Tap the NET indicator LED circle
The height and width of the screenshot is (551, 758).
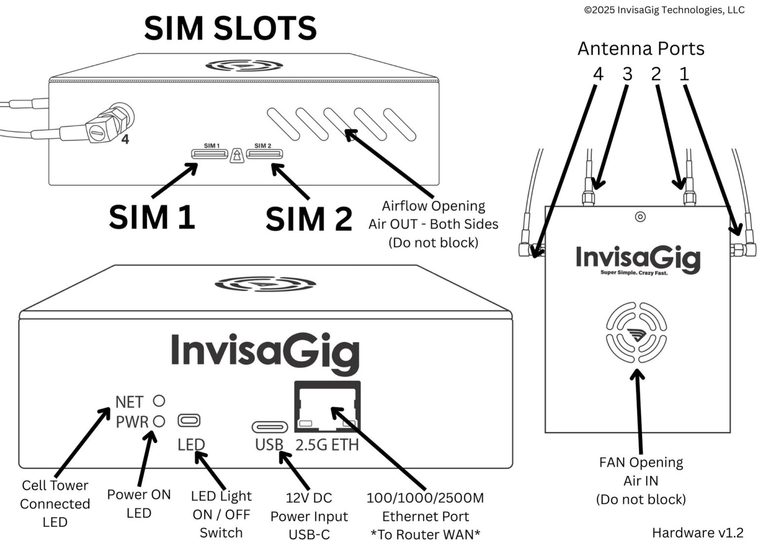click(159, 401)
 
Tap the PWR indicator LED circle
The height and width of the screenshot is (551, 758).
click(159, 421)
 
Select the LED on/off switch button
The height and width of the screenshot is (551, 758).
click(189, 420)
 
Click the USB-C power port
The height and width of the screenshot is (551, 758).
click(269, 427)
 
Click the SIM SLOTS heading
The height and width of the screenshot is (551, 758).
click(230, 28)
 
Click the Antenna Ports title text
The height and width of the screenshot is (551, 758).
click(641, 48)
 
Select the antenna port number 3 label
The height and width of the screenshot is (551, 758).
click(627, 74)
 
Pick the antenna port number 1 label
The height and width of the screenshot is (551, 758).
click(684, 74)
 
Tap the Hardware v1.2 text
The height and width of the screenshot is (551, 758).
click(697, 532)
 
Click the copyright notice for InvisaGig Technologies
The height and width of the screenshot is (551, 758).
click(664, 10)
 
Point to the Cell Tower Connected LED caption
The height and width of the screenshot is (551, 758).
click(55, 504)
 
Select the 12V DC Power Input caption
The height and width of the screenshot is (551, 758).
click(309, 516)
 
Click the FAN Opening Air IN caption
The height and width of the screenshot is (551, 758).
click(641, 480)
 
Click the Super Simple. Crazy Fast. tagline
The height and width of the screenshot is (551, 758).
click(633, 273)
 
